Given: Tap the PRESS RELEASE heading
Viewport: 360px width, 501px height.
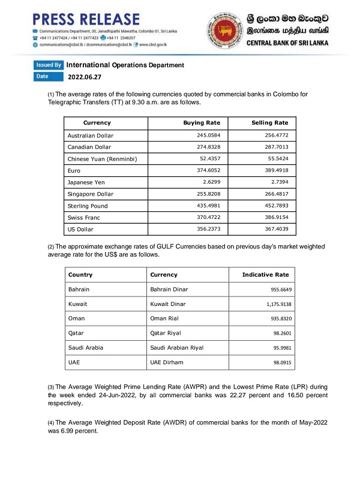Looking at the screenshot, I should coord(86,19).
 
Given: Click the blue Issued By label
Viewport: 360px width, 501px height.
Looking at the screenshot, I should coord(49,65).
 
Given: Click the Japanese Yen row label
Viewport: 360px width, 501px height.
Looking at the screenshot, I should coord(88,182).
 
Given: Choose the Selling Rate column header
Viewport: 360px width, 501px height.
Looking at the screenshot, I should coord(270,123).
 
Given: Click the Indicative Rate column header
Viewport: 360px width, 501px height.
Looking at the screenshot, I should coord(265,275).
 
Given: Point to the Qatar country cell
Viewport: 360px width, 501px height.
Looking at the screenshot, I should coord(79,334).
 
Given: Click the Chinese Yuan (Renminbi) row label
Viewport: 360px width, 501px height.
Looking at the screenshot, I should coord(103,159).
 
